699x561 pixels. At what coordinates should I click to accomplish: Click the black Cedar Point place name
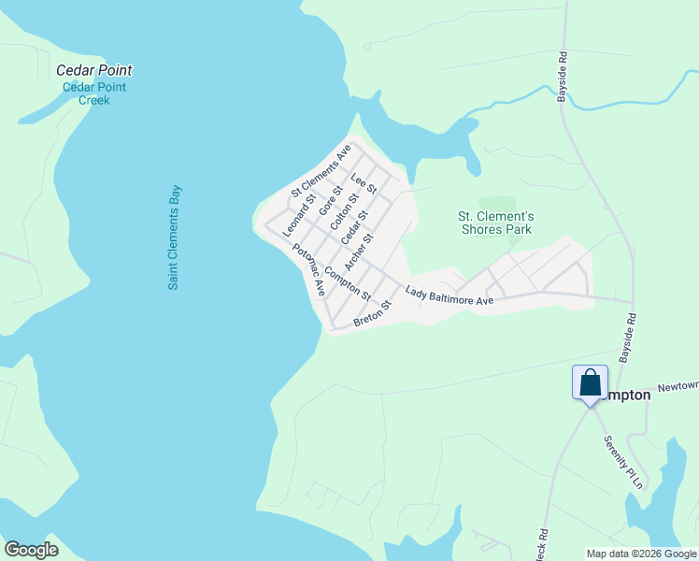pyautogui.click(x=93, y=70)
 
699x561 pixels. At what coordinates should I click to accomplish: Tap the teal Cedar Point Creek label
pyautogui.click(x=93, y=93)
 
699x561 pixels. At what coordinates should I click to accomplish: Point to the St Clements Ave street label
pyautogui.click(x=321, y=171)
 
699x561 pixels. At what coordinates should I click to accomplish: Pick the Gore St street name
pyautogui.click(x=330, y=202)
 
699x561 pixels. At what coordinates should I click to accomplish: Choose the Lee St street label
pyautogui.click(x=364, y=183)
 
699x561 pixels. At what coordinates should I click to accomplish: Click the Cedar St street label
pyautogui.click(x=352, y=229)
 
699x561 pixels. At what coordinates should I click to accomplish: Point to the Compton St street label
pyautogui.click(x=348, y=284)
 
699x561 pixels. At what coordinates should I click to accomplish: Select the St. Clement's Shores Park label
pyautogui.click(x=495, y=223)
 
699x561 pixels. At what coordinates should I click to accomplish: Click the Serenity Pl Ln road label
pyautogui.click(x=624, y=462)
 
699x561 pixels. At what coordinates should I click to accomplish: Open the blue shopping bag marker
pyautogui.click(x=590, y=383)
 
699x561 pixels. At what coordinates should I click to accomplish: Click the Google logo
pyautogui.click(x=31, y=550)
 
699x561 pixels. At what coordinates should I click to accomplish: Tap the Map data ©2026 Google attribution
pyautogui.click(x=642, y=554)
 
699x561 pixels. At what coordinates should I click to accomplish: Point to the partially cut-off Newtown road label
pyautogui.click(x=678, y=385)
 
